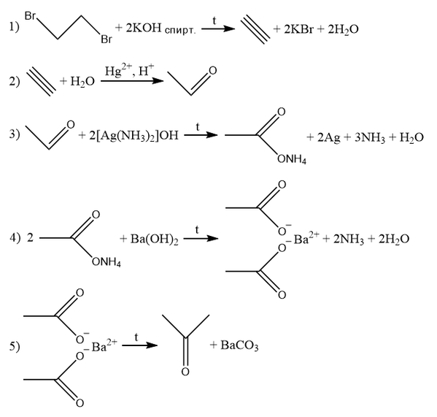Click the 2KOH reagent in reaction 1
click(144, 28)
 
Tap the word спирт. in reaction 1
click(180, 30)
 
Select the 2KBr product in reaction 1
click(298, 28)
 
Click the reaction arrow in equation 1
click(218, 28)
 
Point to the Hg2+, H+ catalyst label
click(129, 71)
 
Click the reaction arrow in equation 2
click(132, 81)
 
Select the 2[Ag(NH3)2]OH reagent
click(134, 136)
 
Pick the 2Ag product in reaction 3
click(328, 137)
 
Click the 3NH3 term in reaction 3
click(370, 137)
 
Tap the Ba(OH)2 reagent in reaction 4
click(154, 240)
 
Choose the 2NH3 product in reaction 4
click(349, 240)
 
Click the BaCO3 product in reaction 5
click(239, 345)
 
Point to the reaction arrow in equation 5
click(140, 345)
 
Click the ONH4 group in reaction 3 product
click(292, 159)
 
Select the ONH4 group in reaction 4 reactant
click(107, 262)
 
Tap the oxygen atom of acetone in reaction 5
click(185, 372)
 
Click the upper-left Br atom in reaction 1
click(30, 16)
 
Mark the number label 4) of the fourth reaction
click(15, 239)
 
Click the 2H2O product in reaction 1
click(343, 29)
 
